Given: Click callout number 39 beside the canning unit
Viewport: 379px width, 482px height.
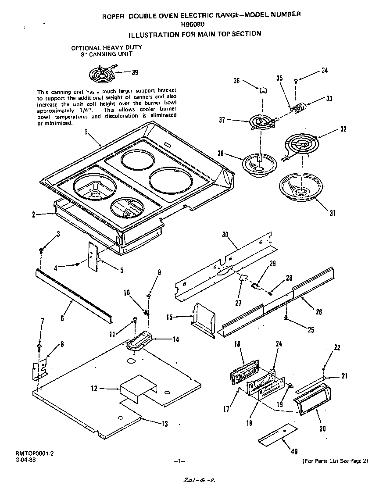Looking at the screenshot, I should click(x=135, y=72).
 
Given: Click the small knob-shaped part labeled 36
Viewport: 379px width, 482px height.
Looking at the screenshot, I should click(x=263, y=89).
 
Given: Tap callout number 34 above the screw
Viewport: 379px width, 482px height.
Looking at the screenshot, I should click(x=325, y=70).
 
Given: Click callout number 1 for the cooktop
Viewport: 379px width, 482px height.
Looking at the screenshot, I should click(x=86, y=131).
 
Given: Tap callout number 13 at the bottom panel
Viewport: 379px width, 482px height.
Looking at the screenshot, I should click(x=164, y=424).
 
